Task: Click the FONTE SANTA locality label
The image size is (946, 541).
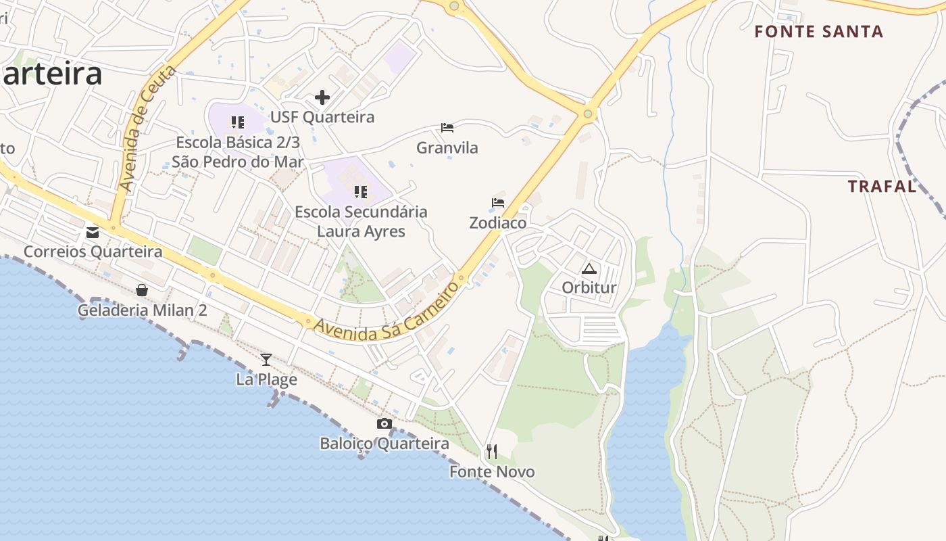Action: point(818,32)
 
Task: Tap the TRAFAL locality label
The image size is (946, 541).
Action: point(882,187)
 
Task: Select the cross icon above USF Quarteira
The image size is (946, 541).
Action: point(322,97)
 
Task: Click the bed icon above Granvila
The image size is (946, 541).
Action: point(447,127)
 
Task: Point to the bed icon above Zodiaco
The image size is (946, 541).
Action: point(498,202)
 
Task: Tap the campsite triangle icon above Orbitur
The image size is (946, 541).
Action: point(589,268)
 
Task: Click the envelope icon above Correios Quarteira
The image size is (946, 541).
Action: point(93,233)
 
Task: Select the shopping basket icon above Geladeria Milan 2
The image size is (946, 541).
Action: point(142,290)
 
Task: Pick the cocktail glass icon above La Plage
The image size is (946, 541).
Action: point(266,359)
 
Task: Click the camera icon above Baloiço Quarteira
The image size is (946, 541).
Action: point(384,424)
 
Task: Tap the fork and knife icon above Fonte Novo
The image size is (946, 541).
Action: point(492,451)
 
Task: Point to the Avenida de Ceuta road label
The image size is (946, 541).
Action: point(146,128)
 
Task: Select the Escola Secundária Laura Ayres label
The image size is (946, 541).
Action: point(361,221)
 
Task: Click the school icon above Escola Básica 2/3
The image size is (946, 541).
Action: point(237,122)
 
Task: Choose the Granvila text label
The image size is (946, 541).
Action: point(447,147)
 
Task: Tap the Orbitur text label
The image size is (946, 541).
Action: point(589,287)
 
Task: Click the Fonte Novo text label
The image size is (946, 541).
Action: point(492,471)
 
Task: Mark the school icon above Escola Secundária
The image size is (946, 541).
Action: point(361,192)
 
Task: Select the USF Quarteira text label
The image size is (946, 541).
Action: point(322,117)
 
